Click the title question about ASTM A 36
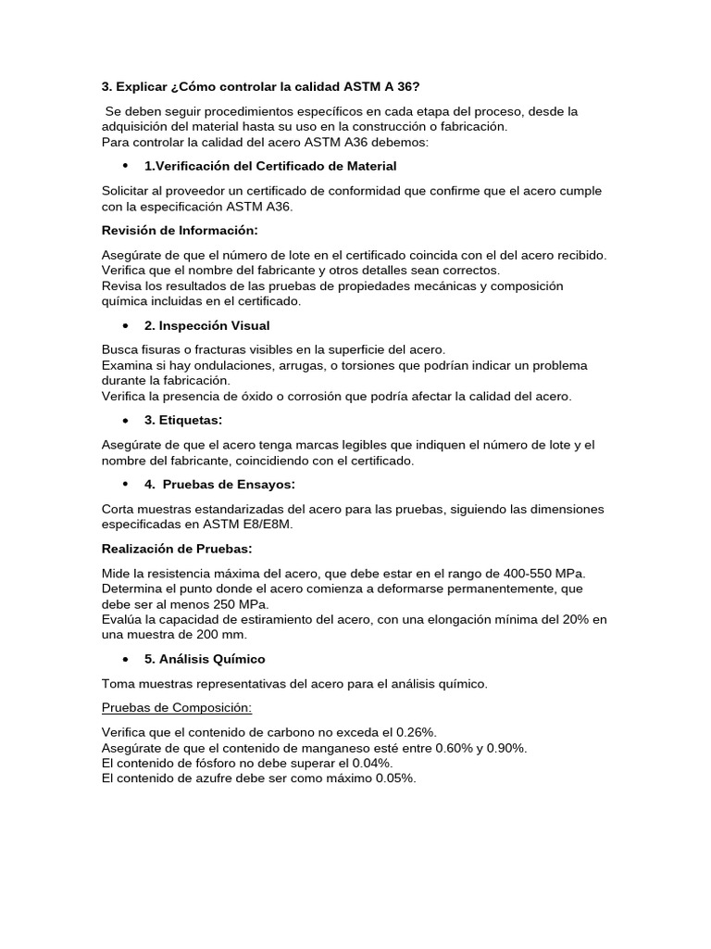(x=260, y=87)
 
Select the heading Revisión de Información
(x=180, y=229)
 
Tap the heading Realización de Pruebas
(x=176, y=550)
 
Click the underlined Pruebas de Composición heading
(x=177, y=708)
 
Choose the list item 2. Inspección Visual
(x=207, y=325)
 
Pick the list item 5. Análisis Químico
(x=205, y=659)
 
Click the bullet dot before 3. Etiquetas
(x=125, y=421)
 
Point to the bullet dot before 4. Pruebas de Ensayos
(x=125, y=485)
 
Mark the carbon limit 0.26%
(x=414, y=732)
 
